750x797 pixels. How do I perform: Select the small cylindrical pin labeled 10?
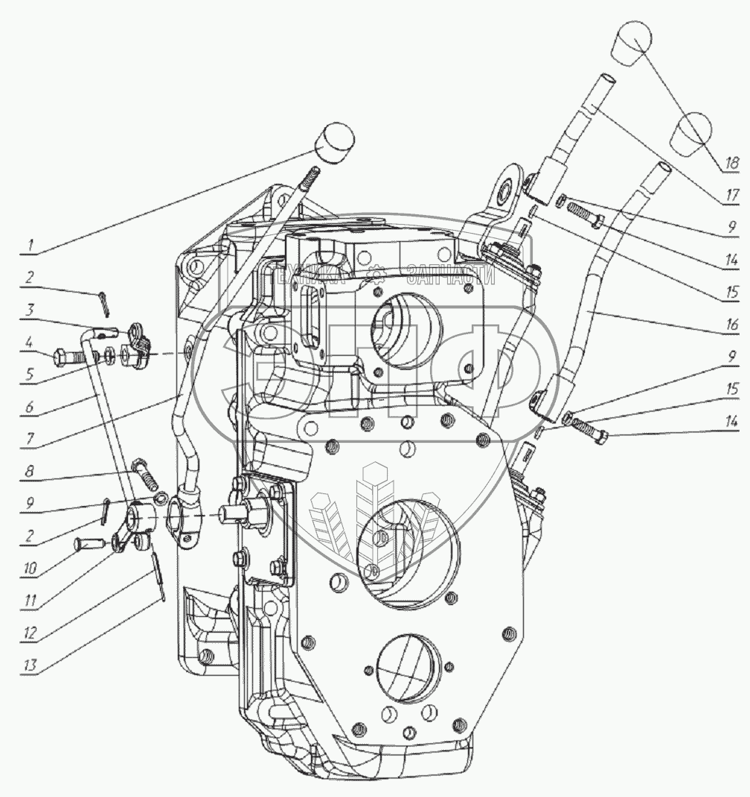tap(87, 545)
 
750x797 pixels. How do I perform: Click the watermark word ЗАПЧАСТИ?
tap(451, 275)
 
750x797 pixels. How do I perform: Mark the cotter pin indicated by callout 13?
tap(158, 573)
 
